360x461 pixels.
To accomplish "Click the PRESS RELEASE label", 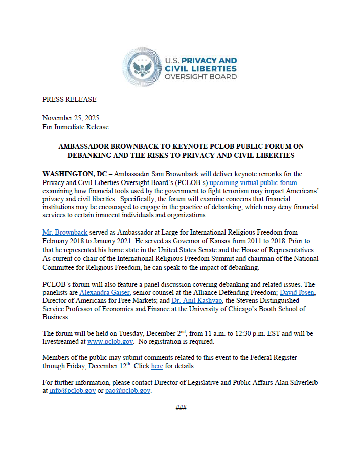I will coord(69,99).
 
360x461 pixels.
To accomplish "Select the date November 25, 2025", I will coord(71,118).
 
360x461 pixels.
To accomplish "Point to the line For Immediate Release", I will coord(75,127).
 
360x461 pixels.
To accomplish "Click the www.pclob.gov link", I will coord(110,342).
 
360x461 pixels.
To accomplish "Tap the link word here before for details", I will coord(157,366).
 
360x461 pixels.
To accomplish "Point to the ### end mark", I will coord(181,407).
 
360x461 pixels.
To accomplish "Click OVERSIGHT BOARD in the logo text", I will coord(201,77).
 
